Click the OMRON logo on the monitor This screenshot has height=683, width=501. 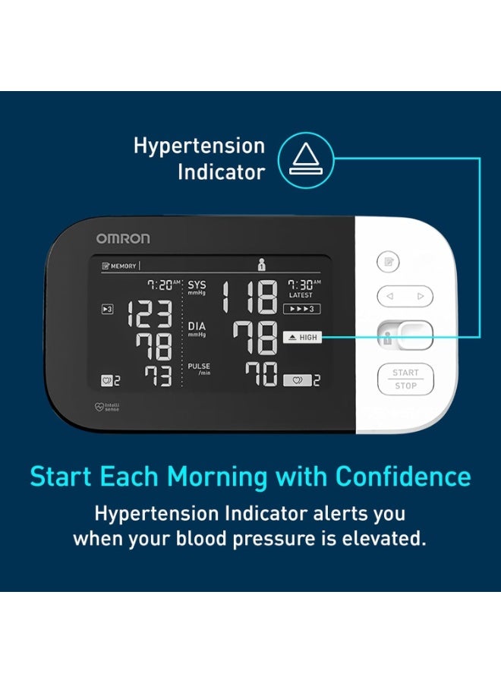[x=122, y=238]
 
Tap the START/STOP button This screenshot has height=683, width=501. [x=405, y=379]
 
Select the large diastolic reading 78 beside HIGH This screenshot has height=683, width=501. [x=255, y=338]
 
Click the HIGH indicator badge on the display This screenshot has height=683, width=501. [x=302, y=337]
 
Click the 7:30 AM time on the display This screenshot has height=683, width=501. [x=303, y=285]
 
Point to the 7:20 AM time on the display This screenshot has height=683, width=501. [x=163, y=285]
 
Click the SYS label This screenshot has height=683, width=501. [x=197, y=286]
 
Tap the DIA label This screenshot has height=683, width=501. [x=197, y=326]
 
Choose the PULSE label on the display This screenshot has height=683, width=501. [x=199, y=367]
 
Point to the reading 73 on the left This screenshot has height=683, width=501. [x=158, y=376]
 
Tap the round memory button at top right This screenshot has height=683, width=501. [x=388, y=263]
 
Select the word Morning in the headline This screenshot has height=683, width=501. [x=217, y=477]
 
